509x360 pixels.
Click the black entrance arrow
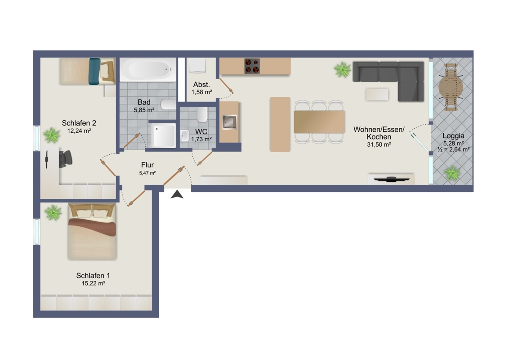tap(177, 194)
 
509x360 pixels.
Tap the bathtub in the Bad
tap(148, 70)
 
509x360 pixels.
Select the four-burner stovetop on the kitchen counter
tap(252, 66)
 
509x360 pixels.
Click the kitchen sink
tap(230, 122)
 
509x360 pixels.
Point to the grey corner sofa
tap(388, 81)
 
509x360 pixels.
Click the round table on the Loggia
tap(451, 87)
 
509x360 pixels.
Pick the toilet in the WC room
tap(202, 115)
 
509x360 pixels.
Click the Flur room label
tap(147, 165)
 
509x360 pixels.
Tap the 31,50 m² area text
tap(379, 144)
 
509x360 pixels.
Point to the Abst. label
tap(201, 85)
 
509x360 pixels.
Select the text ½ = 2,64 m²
tap(454, 149)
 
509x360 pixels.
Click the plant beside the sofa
tap(343, 70)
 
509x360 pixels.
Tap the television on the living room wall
tap(391, 179)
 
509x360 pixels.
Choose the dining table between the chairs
tap(319, 121)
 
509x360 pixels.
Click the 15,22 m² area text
tap(93, 283)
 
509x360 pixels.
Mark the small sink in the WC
tap(185, 136)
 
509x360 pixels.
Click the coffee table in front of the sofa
tap(377, 94)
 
